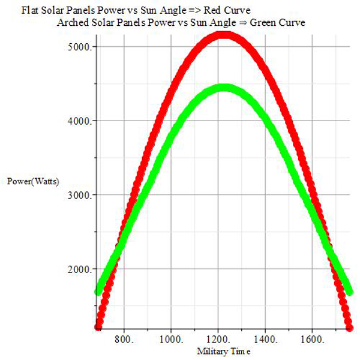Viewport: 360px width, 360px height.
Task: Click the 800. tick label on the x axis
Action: point(124,339)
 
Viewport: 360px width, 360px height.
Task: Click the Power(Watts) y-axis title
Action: point(34,181)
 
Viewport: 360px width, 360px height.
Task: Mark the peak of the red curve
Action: point(223,34)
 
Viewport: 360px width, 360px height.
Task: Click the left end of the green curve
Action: point(99,292)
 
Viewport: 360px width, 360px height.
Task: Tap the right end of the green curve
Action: point(349,291)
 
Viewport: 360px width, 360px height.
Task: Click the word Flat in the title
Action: point(30,10)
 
